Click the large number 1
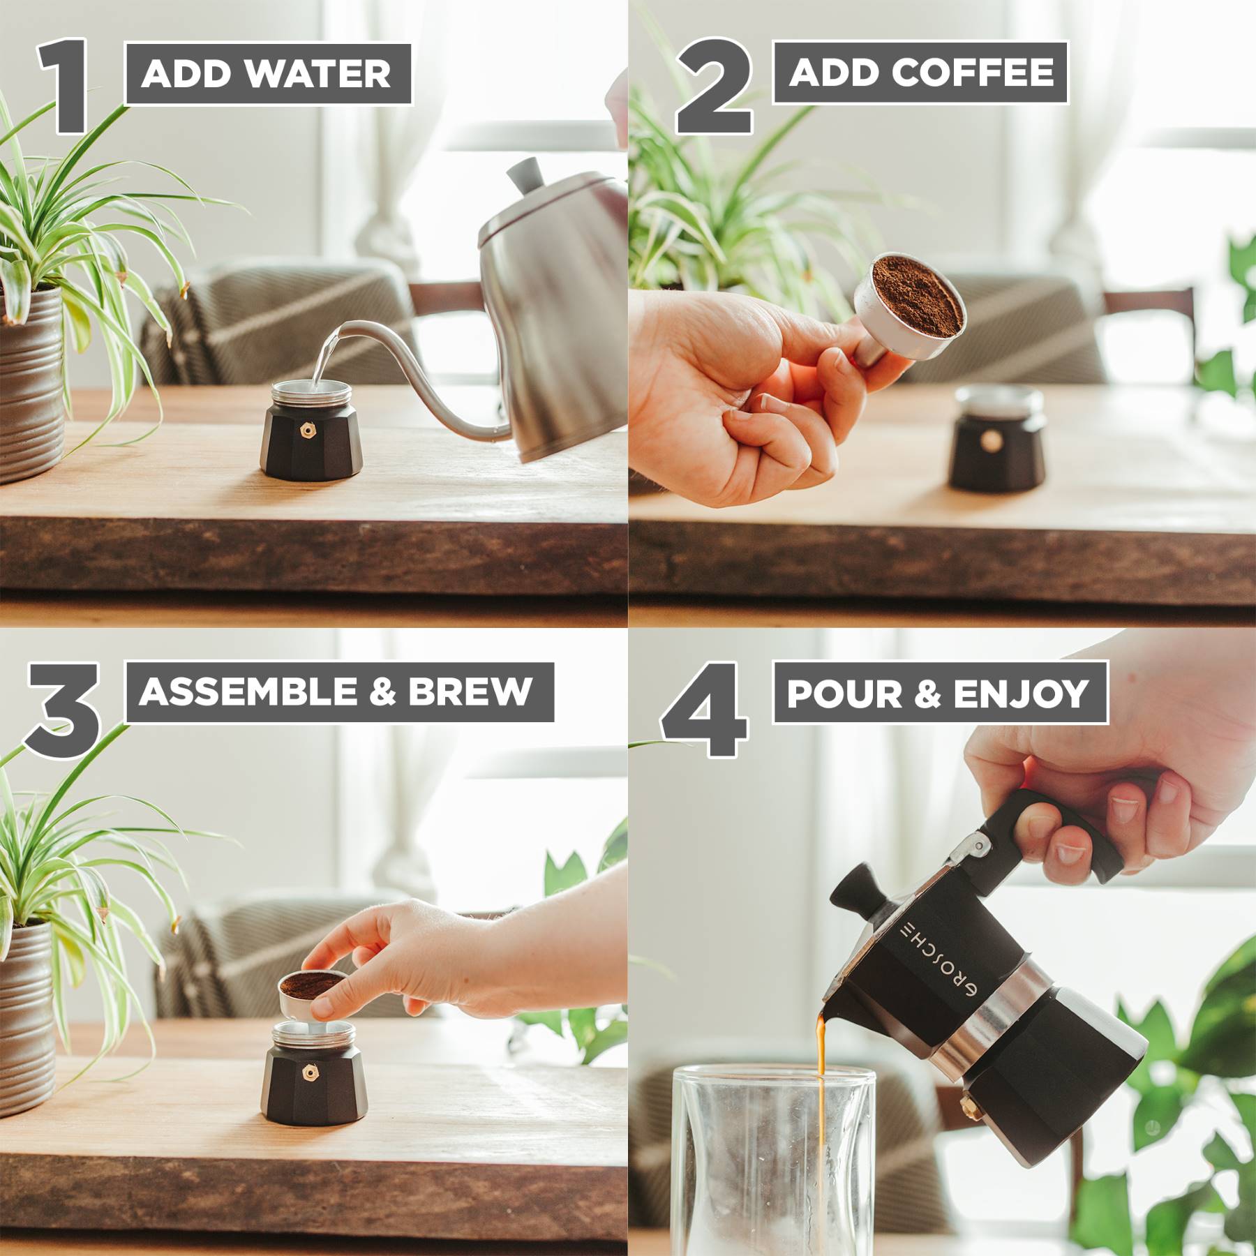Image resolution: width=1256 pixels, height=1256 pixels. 64,87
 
